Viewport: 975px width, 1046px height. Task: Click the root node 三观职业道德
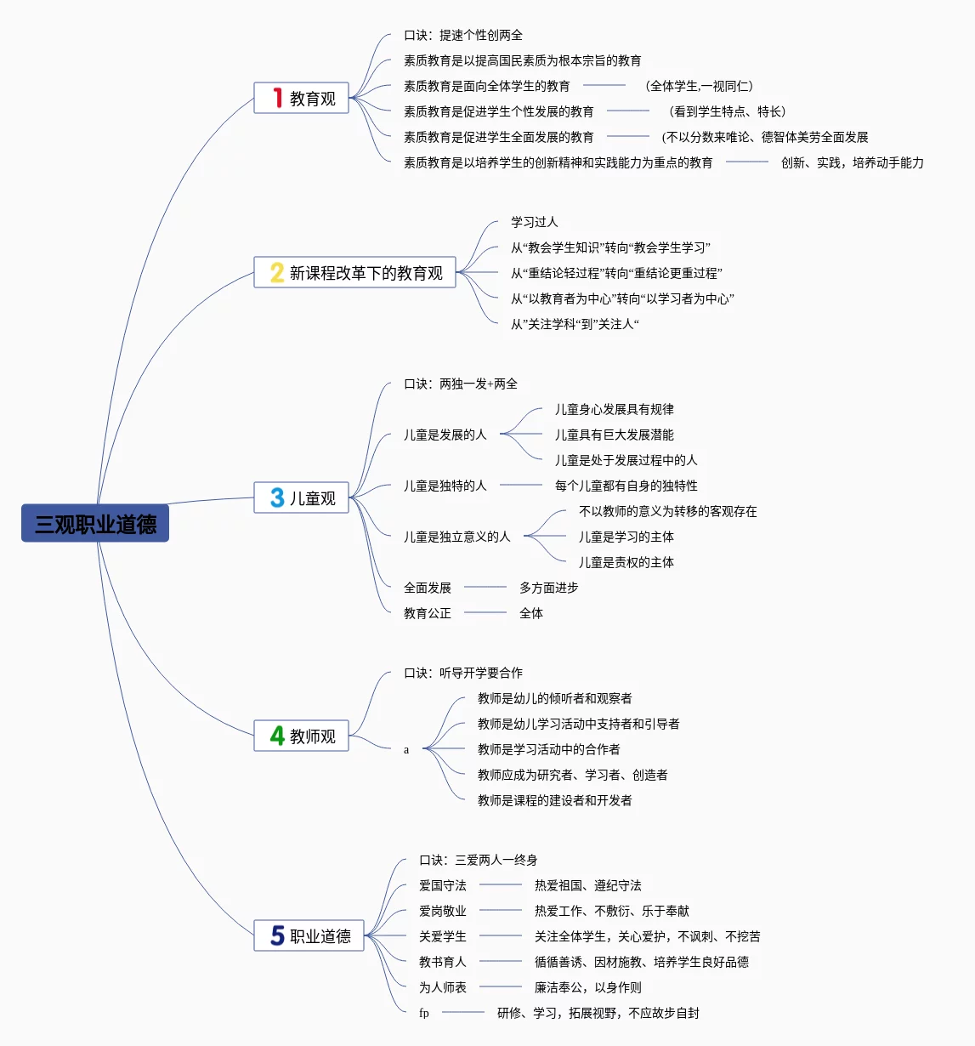[x=95, y=524]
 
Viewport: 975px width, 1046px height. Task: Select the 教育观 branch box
[x=302, y=99]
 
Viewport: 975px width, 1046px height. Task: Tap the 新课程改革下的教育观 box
[x=355, y=273]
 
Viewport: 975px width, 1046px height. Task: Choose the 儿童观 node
[x=302, y=498]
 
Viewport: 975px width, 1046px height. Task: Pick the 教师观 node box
[x=302, y=736]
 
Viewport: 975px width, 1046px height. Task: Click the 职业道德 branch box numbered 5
[x=309, y=936]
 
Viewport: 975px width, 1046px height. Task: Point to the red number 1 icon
[x=277, y=99]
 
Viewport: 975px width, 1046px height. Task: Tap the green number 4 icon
[x=277, y=736]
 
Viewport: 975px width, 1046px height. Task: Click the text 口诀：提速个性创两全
[x=463, y=35]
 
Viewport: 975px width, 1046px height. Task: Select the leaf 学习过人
[x=534, y=222]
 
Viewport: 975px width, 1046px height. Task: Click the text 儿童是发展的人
[x=445, y=435]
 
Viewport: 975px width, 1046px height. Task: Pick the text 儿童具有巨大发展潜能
[x=614, y=435]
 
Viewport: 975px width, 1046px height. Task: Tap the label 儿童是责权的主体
[x=626, y=562]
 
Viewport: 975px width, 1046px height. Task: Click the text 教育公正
[x=427, y=613]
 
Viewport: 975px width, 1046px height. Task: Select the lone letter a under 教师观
[x=406, y=750]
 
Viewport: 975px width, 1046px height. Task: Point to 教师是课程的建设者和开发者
[x=554, y=800]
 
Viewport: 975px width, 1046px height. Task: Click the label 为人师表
[x=442, y=987]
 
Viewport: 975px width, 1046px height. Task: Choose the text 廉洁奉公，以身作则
[x=587, y=987]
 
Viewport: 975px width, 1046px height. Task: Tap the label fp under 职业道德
[x=423, y=1013]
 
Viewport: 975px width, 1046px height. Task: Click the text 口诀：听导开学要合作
[x=463, y=673]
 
